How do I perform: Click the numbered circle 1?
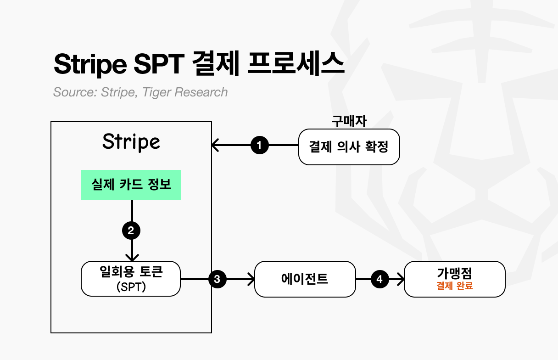point(260,146)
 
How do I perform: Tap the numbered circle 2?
point(131,231)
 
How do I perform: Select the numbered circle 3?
point(218,279)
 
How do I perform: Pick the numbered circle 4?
point(379,279)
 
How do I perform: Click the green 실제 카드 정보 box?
point(131,185)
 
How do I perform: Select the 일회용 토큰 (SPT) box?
point(131,279)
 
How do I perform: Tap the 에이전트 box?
point(305,279)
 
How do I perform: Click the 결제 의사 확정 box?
point(349,147)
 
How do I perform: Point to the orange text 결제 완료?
point(454,286)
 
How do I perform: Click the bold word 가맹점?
point(454,274)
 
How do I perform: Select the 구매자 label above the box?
point(349,121)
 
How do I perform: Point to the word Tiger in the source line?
point(156,92)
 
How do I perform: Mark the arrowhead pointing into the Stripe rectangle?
point(215,146)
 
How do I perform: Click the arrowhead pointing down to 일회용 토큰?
point(132,258)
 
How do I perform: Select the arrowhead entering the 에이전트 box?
point(251,279)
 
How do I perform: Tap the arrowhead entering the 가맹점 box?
point(401,279)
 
